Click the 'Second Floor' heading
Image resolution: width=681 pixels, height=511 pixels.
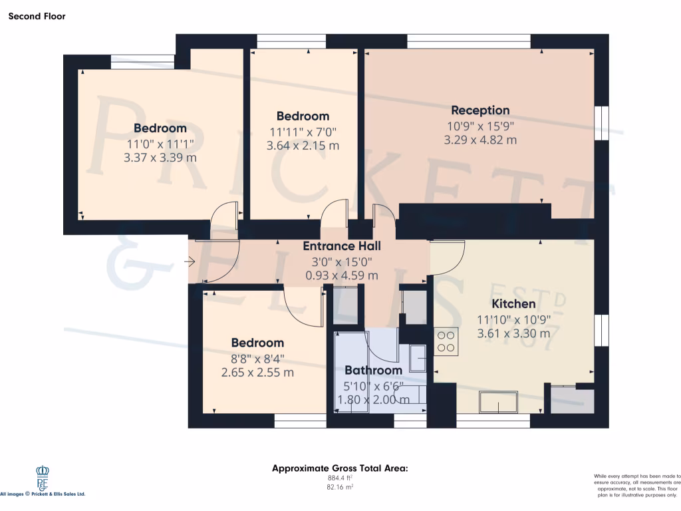tap(37, 16)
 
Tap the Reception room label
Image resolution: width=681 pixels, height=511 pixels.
tap(480, 110)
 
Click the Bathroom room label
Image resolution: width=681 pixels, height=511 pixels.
tap(373, 371)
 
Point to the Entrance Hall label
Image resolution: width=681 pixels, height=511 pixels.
tap(341, 246)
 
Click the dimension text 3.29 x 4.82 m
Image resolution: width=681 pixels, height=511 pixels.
tap(480, 140)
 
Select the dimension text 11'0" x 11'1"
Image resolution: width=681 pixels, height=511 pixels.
tap(160, 143)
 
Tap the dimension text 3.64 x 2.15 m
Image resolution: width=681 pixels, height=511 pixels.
tap(303, 145)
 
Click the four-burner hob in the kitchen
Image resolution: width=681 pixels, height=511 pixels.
tap(446, 341)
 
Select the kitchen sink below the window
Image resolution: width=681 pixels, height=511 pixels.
tap(498, 403)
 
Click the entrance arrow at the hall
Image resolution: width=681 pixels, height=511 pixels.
tap(189, 262)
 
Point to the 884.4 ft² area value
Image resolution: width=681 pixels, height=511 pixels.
tap(340, 478)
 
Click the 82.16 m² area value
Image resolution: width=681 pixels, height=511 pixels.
tap(340, 487)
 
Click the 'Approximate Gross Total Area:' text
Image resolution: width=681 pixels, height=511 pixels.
tap(340, 468)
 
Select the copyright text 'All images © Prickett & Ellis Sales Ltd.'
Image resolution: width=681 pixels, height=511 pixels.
tap(43, 494)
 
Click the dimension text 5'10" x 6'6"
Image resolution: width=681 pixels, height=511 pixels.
tap(373, 386)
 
